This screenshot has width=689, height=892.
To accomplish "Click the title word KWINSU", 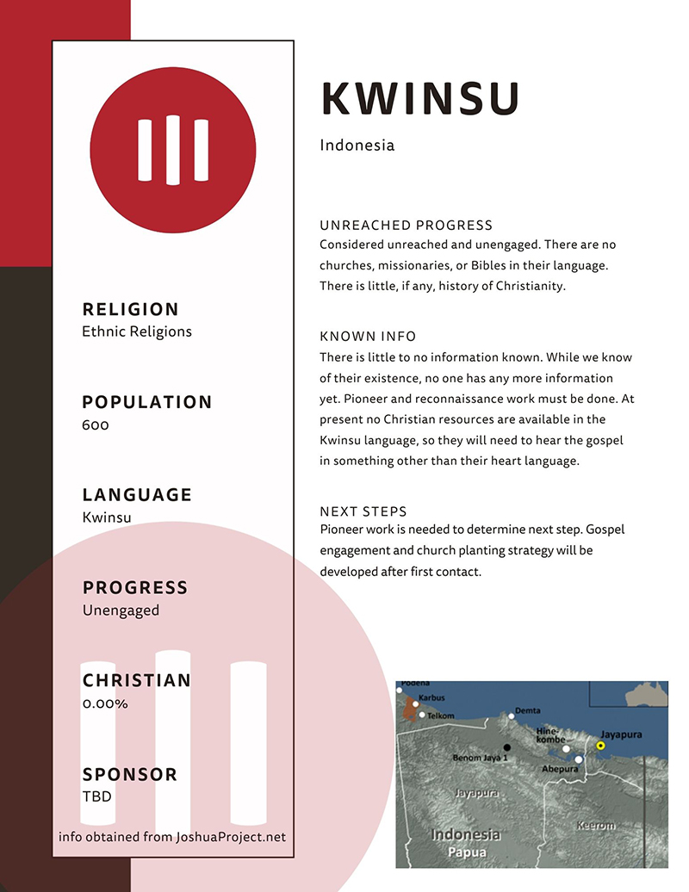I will (x=420, y=99).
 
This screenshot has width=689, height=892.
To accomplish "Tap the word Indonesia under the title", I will (x=357, y=146).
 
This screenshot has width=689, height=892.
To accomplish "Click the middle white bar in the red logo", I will (x=173, y=150).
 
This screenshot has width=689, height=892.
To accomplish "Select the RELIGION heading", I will (x=130, y=309).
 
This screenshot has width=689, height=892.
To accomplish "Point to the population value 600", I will (x=96, y=424).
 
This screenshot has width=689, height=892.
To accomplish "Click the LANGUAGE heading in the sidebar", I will (x=137, y=495).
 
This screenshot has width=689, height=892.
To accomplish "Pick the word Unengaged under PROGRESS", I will (x=121, y=610).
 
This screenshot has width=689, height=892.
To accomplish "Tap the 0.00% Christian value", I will (x=105, y=703).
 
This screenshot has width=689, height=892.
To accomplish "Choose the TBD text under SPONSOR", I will (x=96, y=796).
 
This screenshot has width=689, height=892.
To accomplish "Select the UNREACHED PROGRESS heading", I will (x=406, y=226).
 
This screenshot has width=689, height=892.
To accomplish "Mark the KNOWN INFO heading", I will (x=368, y=336).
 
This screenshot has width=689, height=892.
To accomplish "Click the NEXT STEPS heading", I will (x=363, y=511).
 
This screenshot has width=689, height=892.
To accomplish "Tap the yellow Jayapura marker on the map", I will (x=600, y=745).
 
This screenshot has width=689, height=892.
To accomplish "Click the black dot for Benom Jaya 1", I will (x=507, y=746).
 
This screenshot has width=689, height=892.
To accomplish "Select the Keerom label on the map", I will (x=595, y=826).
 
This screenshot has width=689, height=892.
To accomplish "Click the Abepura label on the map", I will (x=559, y=769).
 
